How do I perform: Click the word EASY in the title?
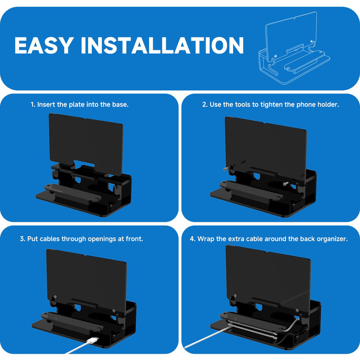coord(44,45)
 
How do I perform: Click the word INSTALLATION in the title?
coord(162,45)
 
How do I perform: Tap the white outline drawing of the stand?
coord(294,48)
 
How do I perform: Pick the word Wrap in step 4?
coord(206,239)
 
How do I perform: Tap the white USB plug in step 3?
coord(93,340)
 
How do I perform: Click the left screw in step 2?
coord(226,169)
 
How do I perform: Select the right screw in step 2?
coord(286,183)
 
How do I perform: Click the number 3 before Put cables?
coord(22,239)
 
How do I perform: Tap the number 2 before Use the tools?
coord(205,104)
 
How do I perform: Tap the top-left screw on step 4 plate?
coord(235,296)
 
